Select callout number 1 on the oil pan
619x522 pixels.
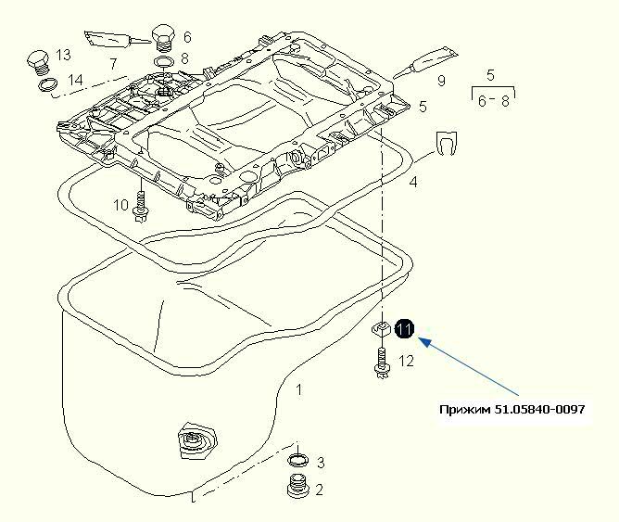[x=297, y=390]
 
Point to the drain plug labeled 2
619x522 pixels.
[x=297, y=489]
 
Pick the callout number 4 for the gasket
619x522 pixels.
[x=413, y=182]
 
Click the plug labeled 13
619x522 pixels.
[x=39, y=61]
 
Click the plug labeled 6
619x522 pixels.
[x=164, y=36]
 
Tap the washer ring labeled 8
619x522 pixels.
[x=163, y=61]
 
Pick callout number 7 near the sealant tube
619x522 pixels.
[x=112, y=64]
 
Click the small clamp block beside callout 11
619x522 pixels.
[x=381, y=328]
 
